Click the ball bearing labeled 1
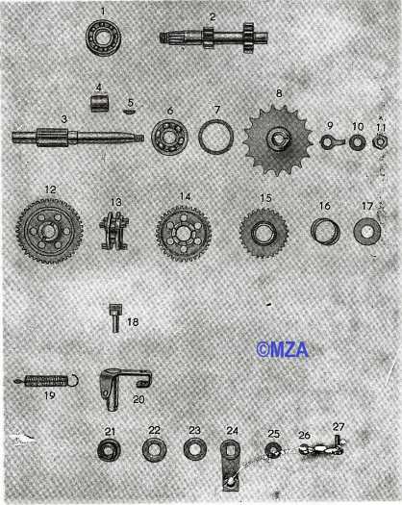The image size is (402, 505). [103, 38]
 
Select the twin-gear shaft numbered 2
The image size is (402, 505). [214, 38]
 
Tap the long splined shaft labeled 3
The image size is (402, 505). [78, 137]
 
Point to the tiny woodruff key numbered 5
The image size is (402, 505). [130, 111]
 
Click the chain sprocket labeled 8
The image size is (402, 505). [278, 139]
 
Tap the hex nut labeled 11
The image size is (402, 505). [380, 141]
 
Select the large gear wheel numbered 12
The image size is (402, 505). [49, 230]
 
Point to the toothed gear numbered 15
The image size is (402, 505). [264, 233]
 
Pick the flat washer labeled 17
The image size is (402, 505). [366, 232]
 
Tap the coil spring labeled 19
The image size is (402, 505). [46, 381]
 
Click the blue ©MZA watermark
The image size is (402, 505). [282, 350]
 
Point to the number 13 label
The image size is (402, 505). [116, 202]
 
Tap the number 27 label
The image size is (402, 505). [339, 427]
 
